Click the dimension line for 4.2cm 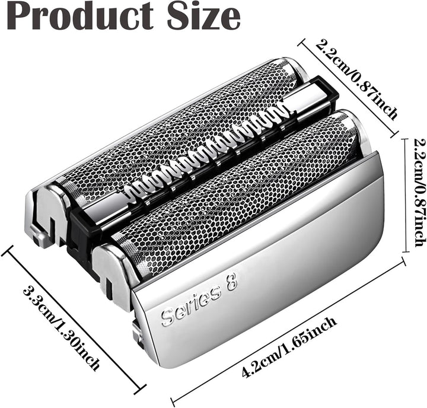point(288,333)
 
